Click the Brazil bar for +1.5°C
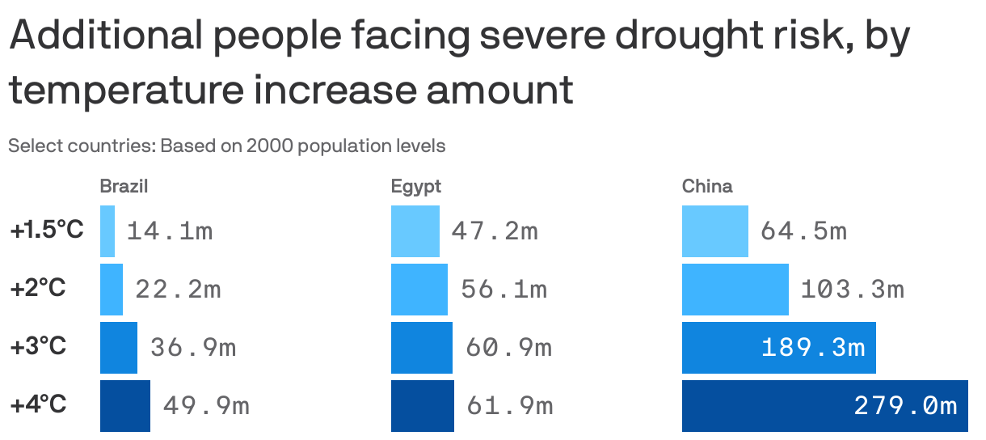click(x=107, y=231)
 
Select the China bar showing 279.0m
click(x=824, y=406)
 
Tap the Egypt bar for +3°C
click(x=422, y=348)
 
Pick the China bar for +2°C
click(x=735, y=290)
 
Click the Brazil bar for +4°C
click(x=125, y=406)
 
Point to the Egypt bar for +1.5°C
click(x=415, y=231)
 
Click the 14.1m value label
click(x=170, y=231)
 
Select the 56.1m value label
click(x=504, y=290)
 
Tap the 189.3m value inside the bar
click(x=813, y=348)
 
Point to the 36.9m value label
click(x=193, y=348)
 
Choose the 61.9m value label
click(x=509, y=406)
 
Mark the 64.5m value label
click(x=803, y=231)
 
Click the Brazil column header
click(x=124, y=186)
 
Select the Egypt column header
click(x=416, y=187)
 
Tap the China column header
click(x=707, y=186)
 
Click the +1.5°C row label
click(x=47, y=231)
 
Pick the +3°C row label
click(x=38, y=347)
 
